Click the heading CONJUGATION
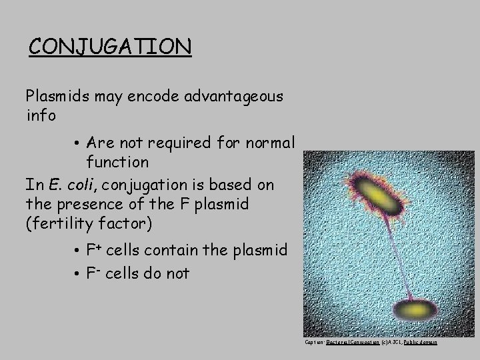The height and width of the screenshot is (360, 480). (111, 47)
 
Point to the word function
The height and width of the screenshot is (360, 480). (117, 162)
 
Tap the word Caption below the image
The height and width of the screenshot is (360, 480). (314, 342)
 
